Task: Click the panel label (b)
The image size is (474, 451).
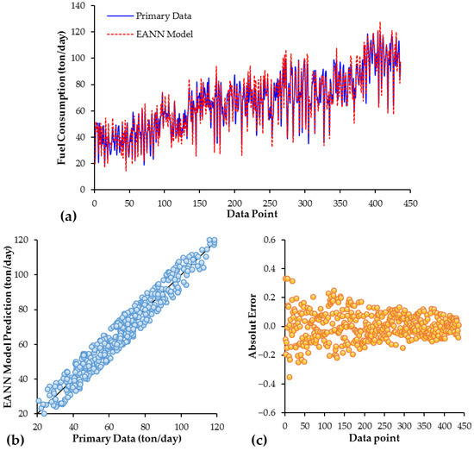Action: [x=12, y=442]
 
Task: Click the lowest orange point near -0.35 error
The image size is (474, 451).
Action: [x=290, y=377]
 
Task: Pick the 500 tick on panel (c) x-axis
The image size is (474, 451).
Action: [x=463, y=424]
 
